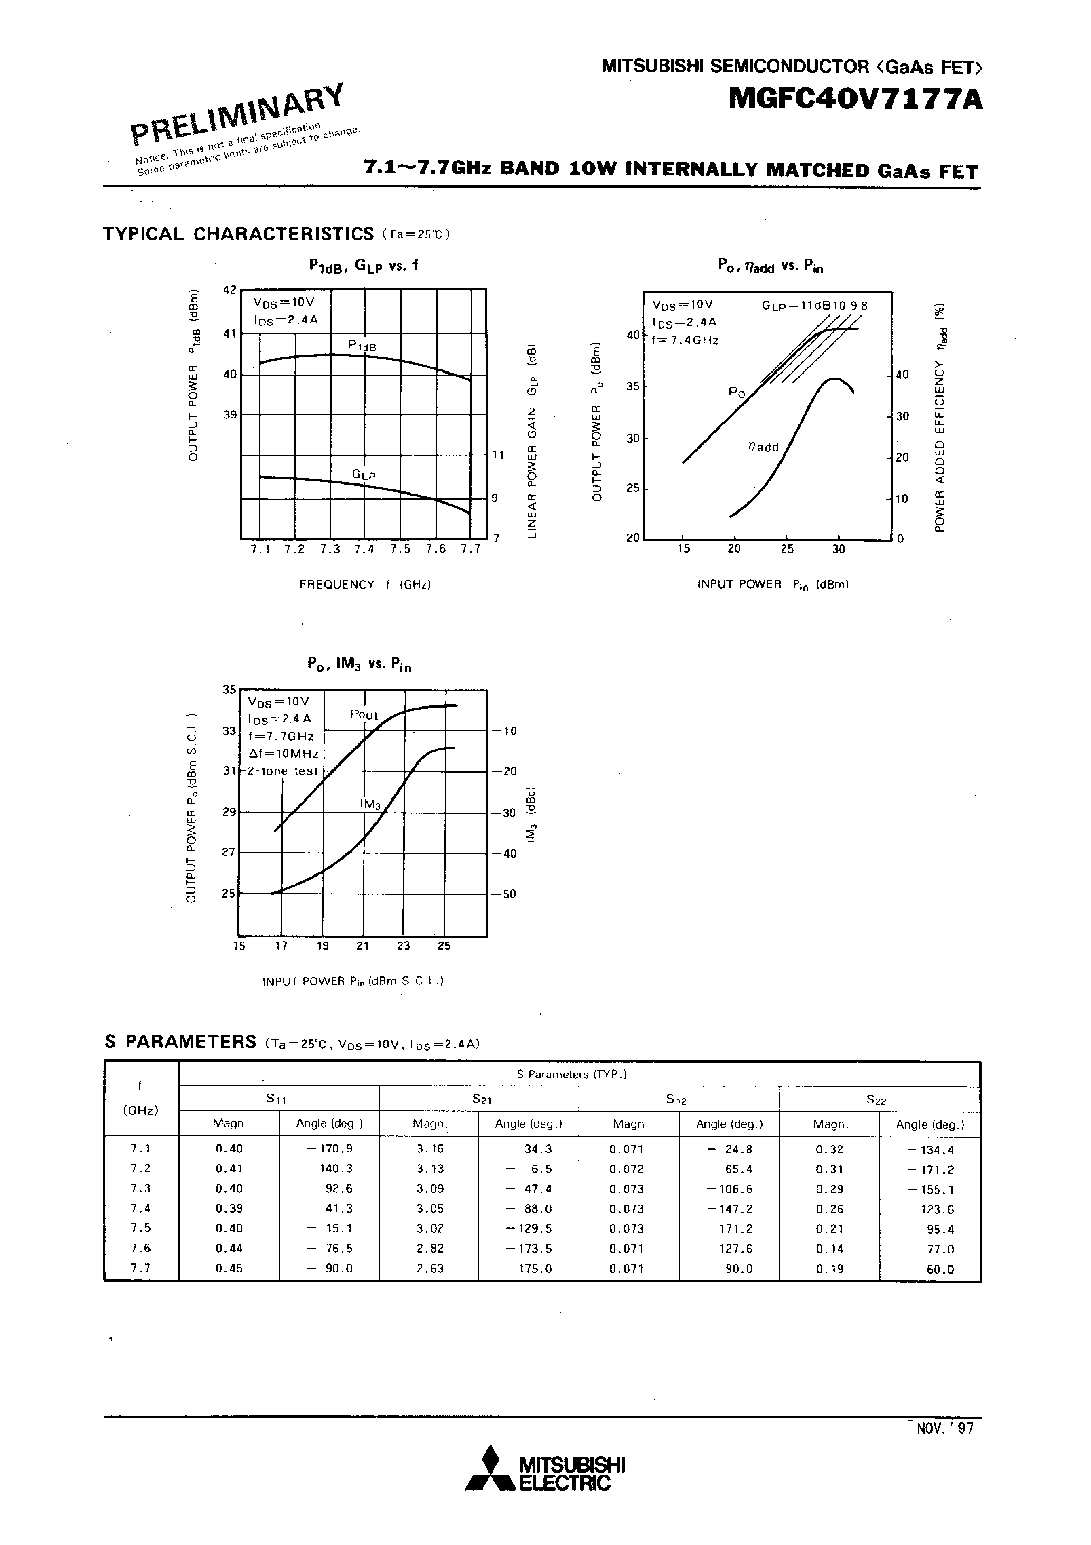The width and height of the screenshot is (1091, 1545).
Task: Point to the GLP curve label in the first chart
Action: (363, 475)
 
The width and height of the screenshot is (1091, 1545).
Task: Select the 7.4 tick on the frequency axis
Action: (364, 549)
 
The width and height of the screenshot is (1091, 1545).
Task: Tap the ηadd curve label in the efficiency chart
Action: (763, 448)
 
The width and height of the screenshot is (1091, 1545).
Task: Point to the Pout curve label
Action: (364, 714)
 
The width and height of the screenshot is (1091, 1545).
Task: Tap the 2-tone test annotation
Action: (282, 771)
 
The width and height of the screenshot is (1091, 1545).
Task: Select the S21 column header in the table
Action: (479, 1099)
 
